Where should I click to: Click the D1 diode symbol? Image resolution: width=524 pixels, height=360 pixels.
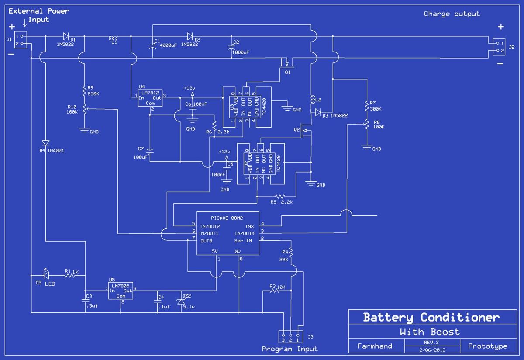coord(66,36)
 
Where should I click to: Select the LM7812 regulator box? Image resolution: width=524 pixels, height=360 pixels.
coord(150,98)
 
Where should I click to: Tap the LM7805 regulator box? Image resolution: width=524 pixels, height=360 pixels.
coord(121,291)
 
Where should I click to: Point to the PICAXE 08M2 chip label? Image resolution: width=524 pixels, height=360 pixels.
coord(227,218)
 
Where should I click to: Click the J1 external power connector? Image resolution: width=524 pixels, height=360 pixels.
coord(21,40)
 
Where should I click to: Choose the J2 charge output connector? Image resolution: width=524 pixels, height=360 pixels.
coord(499,47)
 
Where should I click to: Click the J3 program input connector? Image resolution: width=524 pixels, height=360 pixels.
coord(290,336)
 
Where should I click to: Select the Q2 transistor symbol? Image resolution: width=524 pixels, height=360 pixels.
coord(307,131)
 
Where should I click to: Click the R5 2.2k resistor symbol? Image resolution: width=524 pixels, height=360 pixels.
coord(280,196)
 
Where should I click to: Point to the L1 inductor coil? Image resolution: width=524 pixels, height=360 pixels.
coord(113,38)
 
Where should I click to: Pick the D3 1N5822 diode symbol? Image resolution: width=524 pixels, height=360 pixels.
coord(318,112)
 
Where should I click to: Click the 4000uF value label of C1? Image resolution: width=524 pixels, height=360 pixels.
coord(168,45)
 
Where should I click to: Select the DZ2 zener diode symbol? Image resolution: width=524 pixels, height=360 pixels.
coord(181,301)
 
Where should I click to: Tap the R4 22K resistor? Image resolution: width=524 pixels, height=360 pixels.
coord(291,253)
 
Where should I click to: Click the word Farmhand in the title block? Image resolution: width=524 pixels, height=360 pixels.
coord(375,346)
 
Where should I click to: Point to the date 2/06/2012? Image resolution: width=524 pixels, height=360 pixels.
coord(432,350)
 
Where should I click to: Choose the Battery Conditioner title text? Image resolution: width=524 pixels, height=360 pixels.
coord(431,317)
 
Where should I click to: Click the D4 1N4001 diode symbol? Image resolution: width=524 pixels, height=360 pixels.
coord(45,143)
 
